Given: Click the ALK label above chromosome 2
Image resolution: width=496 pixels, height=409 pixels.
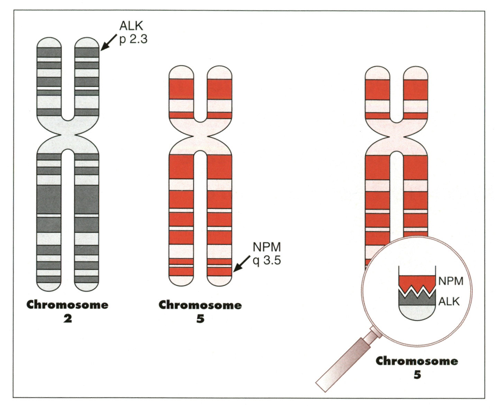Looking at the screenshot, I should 131,26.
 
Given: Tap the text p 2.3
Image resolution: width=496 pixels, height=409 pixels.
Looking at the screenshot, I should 133,39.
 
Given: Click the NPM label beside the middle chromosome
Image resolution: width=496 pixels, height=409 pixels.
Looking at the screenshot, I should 267,247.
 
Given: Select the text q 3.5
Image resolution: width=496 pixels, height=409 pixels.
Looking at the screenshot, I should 267,260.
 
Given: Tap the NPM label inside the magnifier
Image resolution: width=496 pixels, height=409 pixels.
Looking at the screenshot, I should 451,281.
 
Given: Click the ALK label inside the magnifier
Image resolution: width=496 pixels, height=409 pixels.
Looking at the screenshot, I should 449,302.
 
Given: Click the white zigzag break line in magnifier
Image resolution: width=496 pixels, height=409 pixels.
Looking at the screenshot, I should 417,291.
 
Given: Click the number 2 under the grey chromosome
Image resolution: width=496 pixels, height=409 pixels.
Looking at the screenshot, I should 67,318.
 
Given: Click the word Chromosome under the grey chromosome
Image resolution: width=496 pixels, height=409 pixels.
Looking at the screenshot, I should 67,305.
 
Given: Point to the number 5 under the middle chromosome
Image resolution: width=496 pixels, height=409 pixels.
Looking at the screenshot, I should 200,318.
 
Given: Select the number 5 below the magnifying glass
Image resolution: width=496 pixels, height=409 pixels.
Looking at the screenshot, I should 417,374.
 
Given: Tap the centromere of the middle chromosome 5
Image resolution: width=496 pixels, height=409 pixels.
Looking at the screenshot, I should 200,137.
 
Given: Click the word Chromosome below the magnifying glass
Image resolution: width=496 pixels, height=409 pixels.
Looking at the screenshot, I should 417,361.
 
